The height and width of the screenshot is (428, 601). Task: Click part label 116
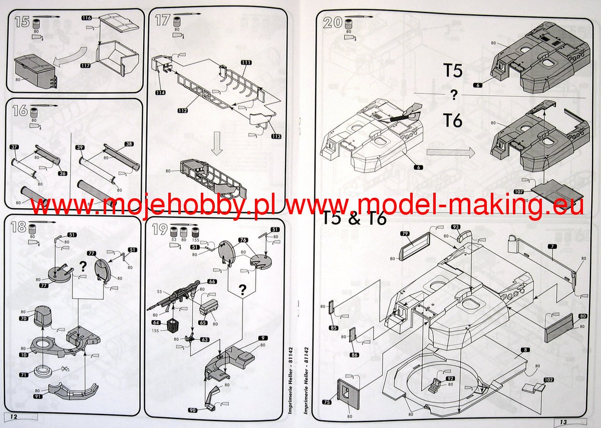(86, 18)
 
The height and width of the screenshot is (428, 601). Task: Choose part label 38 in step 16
(129, 144)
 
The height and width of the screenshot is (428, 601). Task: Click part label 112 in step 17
(182, 110)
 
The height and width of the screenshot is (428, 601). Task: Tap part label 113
(275, 137)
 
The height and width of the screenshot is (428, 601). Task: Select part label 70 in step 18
(24, 318)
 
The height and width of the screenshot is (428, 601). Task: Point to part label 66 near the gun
(212, 282)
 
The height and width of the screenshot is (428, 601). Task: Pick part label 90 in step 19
(193, 409)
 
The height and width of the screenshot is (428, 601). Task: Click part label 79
(405, 233)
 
